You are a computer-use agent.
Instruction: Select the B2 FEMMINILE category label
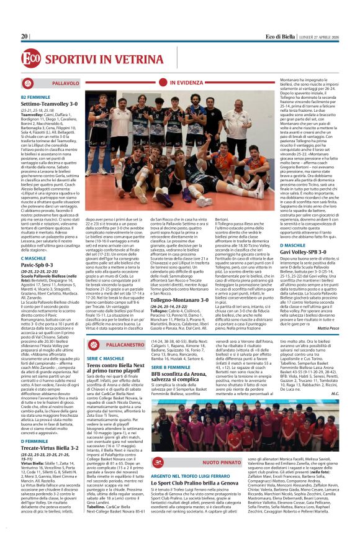click(x=35, y=97)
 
